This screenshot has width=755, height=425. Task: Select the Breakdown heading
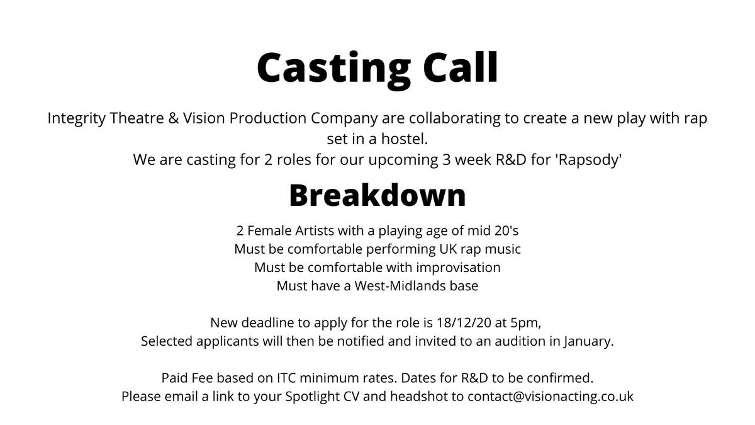(377, 196)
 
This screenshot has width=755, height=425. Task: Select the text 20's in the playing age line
(503, 230)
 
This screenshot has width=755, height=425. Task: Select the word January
(588, 342)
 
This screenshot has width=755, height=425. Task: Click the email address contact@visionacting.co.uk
(551, 397)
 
